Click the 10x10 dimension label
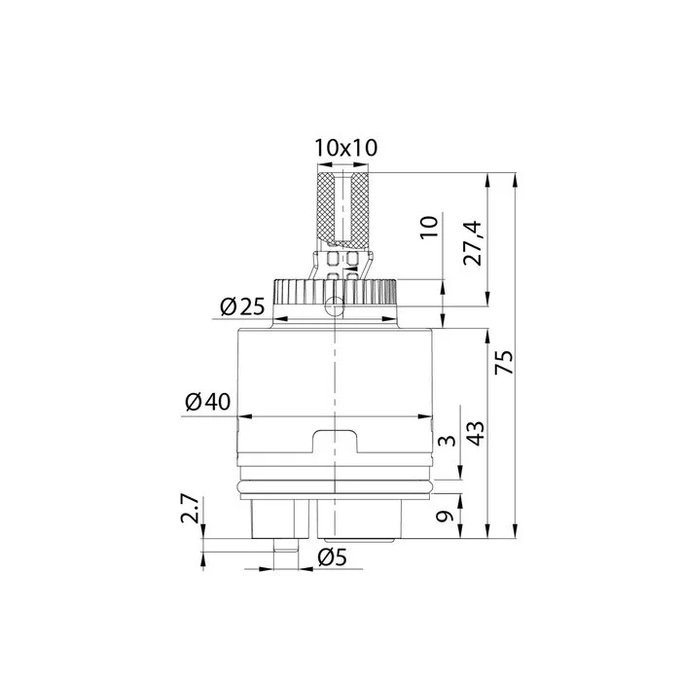coord(346,148)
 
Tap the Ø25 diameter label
coord(242,307)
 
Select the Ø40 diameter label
coord(207,402)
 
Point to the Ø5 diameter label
coord(333,557)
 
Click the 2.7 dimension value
coord(191,509)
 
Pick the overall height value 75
coord(504,362)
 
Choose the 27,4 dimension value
coord(472,243)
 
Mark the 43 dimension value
coord(476,433)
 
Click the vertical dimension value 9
coord(444,516)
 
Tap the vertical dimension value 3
coord(447,441)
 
